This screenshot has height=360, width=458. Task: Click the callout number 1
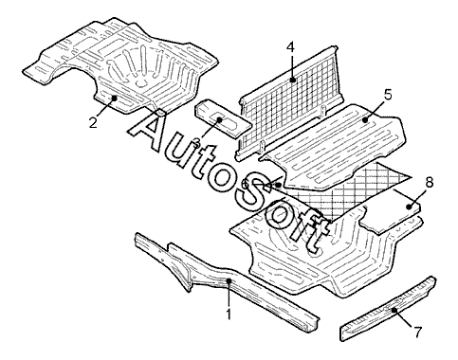229,315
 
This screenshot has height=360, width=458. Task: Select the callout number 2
93,122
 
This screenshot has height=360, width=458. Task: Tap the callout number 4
290,47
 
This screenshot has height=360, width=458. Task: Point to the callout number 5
388,95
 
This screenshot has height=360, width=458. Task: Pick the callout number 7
417,332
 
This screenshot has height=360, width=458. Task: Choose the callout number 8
430,183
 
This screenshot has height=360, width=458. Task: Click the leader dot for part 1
229,280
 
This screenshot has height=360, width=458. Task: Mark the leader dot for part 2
115,98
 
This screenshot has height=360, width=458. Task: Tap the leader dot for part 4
294,80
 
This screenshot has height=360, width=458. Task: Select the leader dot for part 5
366,120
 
